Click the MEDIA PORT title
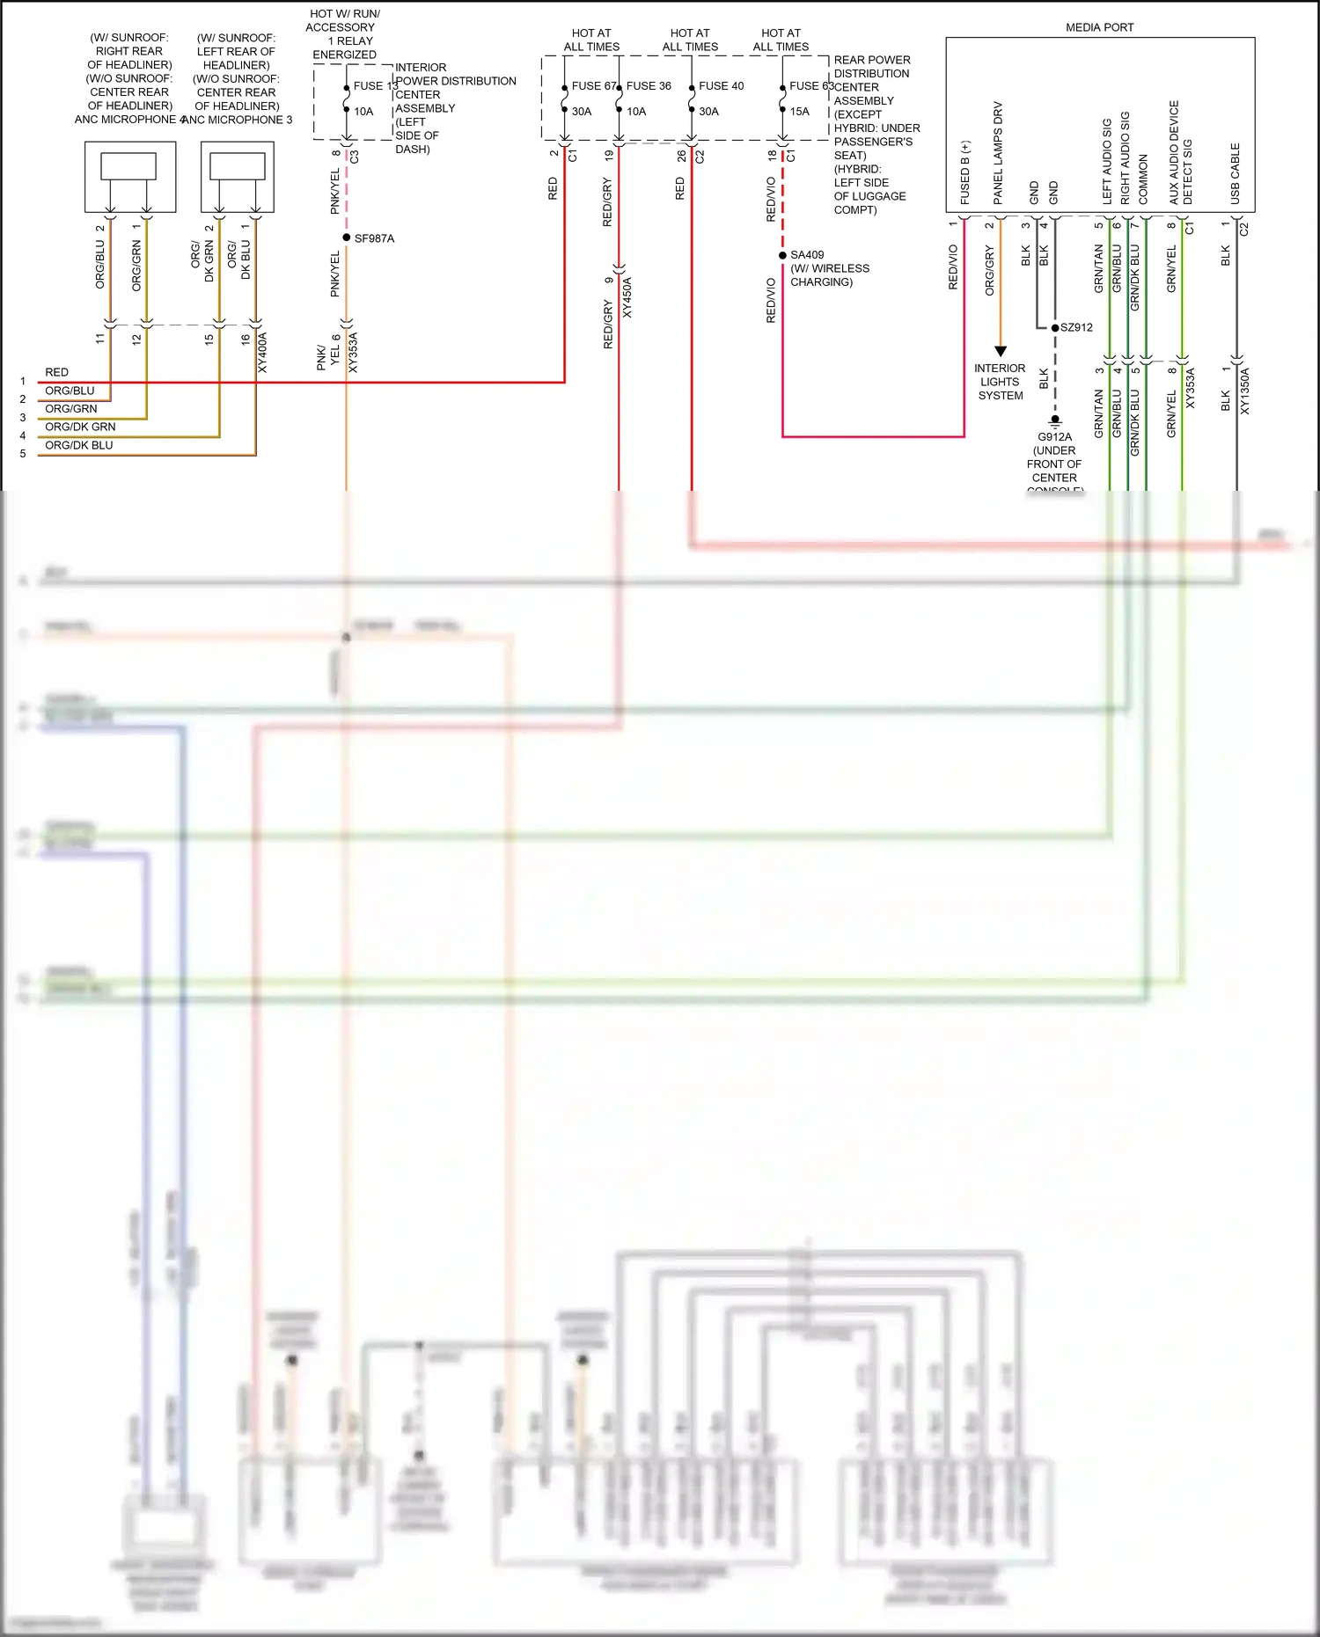coord(1099,27)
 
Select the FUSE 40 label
coord(721,86)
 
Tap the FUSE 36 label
coord(649,86)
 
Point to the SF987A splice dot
coord(347,238)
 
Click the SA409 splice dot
coord(782,255)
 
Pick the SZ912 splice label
coord(1076,327)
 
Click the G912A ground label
coord(1054,437)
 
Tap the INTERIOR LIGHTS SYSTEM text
coord(1000,382)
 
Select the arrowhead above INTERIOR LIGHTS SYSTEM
coord(1000,351)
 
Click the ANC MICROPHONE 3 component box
coord(237,177)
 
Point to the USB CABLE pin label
coord(1235,174)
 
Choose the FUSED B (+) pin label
coord(965,173)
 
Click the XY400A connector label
coord(262,353)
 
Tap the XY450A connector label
coord(627,297)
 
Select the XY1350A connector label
coord(1244,391)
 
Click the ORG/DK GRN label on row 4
coord(80,427)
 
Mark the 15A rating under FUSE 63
coord(799,112)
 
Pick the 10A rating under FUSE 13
coord(363,112)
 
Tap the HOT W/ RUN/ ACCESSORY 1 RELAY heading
coord(344,34)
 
